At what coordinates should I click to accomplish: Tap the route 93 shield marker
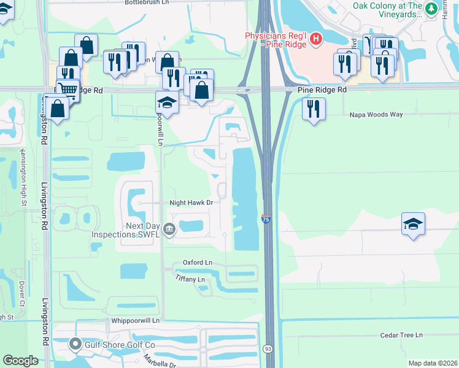click(268, 349)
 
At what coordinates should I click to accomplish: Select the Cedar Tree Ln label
click(401, 335)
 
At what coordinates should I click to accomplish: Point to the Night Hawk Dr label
click(191, 202)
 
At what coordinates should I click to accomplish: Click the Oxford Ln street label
click(197, 263)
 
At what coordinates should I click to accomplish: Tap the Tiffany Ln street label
click(190, 280)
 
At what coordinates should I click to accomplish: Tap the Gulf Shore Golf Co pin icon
click(76, 344)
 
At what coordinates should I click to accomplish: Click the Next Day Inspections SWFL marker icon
click(169, 230)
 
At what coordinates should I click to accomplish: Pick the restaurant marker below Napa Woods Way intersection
click(314, 109)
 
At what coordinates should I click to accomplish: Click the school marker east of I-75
click(414, 223)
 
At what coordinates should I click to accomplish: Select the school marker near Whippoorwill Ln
click(167, 102)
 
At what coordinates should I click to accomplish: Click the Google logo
click(20, 361)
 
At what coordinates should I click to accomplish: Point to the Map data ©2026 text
click(432, 363)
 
